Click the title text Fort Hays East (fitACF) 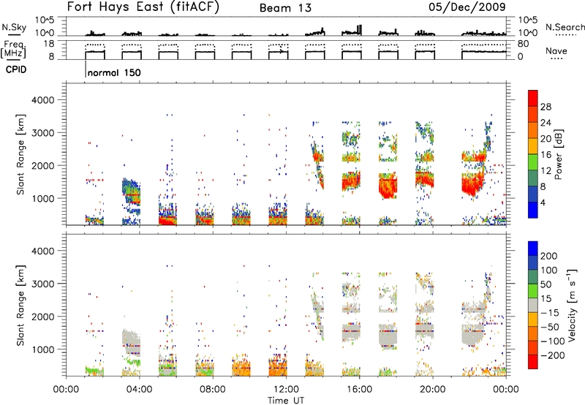143,7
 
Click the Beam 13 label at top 285,8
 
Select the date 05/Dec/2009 467,7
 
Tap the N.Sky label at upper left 14,27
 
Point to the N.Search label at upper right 565,27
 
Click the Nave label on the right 556,51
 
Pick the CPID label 16,69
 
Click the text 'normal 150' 114,72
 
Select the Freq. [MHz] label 13,50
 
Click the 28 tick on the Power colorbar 546,107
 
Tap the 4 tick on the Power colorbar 543,202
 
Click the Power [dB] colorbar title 558,154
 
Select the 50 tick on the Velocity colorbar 546,284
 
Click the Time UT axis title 286,401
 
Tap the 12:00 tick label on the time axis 286,390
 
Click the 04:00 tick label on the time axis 139,390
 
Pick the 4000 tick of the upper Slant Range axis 43,100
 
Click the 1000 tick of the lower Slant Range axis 43,349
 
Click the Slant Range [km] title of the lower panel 20,306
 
